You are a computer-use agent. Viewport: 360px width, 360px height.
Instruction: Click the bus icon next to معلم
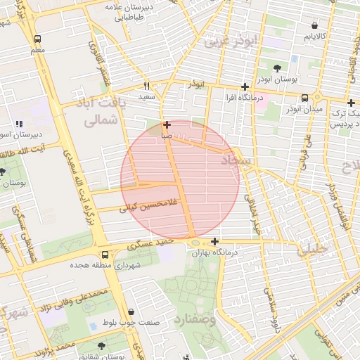tap(37, 39)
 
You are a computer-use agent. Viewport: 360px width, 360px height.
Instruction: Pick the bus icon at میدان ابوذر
tap(304, 98)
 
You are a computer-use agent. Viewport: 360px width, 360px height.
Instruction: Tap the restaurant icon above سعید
tap(146, 85)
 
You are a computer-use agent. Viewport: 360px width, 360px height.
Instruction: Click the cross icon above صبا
tap(166, 125)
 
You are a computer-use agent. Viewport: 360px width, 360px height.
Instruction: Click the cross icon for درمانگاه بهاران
tap(214, 241)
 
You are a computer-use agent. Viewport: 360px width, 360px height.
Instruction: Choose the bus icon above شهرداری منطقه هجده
tap(104, 255)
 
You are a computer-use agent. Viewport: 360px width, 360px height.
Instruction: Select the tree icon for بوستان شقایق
tap(101, 346)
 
